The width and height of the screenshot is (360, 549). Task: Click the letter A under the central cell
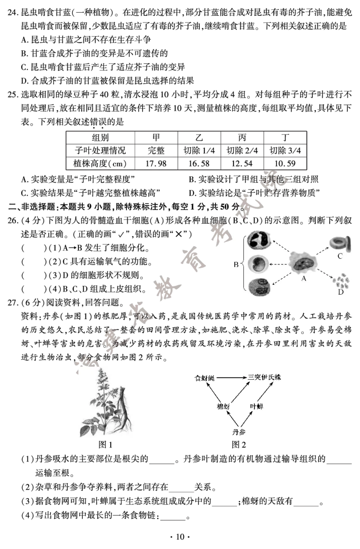coord(303,279)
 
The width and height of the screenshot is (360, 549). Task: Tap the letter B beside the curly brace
coord(235,265)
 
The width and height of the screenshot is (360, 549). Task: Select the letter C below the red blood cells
coord(340,256)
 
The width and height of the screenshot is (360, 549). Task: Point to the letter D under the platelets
coord(341,292)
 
